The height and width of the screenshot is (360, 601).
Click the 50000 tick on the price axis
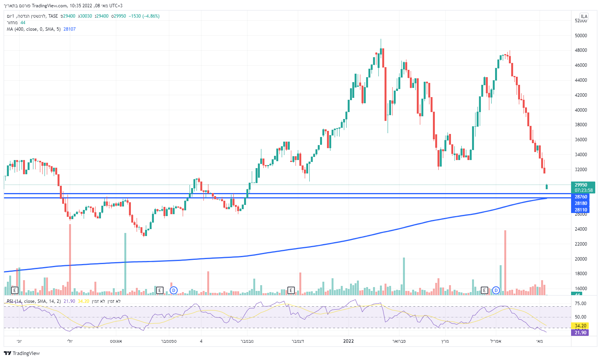point(581,36)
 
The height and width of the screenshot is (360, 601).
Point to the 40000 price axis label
point(581,110)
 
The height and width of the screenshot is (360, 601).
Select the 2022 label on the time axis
point(348,341)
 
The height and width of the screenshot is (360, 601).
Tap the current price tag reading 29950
point(581,185)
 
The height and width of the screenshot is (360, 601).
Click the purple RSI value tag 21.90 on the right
point(581,332)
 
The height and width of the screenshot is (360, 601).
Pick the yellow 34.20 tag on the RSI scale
point(581,326)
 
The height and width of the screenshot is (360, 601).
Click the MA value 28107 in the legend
point(69,29)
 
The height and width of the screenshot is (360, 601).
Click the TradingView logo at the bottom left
point(22,353)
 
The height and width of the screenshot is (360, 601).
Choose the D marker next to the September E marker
point(173,290)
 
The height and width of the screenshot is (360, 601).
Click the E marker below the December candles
point(291,290)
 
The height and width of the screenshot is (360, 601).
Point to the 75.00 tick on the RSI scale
point(581,304)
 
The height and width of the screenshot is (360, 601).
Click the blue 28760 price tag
point(581,197)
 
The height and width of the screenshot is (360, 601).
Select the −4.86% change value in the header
point(151,16)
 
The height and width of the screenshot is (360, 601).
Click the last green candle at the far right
point(547,187)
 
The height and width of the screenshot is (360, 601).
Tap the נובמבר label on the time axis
point(247,341)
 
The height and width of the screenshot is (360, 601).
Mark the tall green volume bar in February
point(404,276)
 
